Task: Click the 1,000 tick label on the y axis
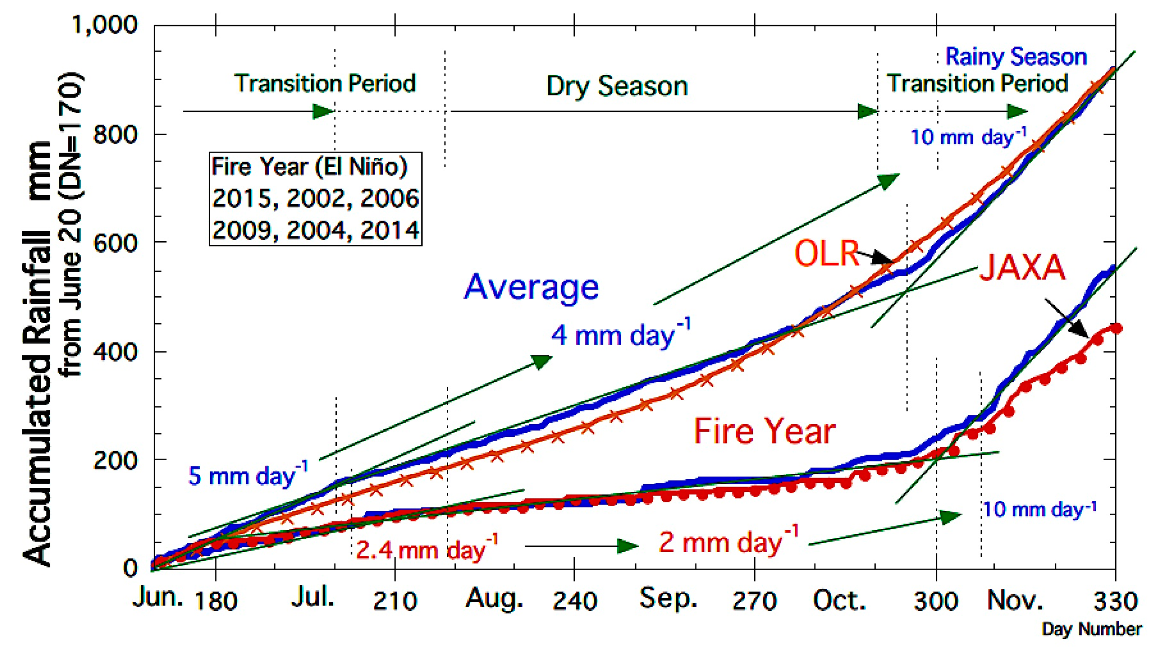[x=104, y=25]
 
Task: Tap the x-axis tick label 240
[x=575, y=601]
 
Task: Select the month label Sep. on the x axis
[x=668, y=599]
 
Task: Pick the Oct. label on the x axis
[x=839, y=600]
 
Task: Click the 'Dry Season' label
[x=617, y=86]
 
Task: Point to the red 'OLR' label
[x=827, y=253]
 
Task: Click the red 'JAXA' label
[x=1022, y=267]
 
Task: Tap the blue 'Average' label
[x=531, y=287]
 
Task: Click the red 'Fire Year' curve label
[x=765, y=431]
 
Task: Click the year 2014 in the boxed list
[x=389, y=230]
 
